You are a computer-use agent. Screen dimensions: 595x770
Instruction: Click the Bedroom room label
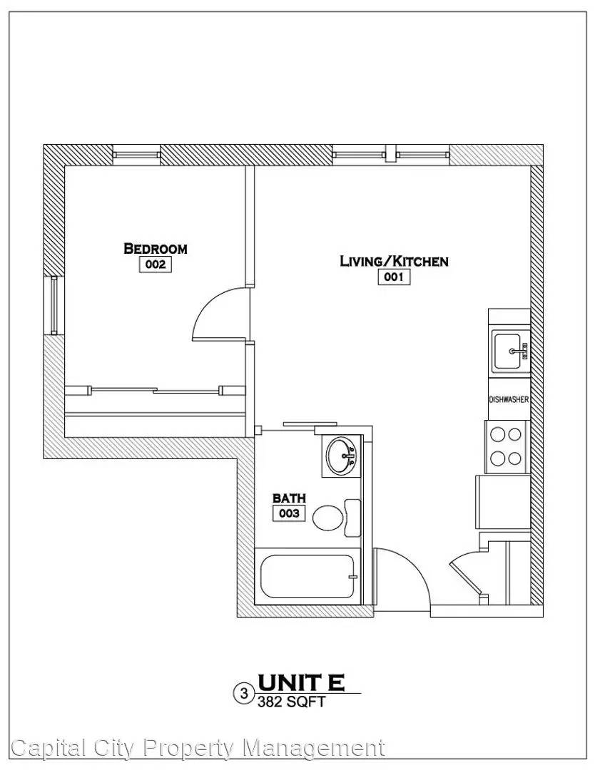(156, 249)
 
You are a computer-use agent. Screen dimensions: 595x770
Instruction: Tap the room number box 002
(156, 265)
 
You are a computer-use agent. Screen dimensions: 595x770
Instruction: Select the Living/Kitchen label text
(394, 261)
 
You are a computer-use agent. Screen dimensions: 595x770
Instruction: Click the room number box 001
(394, 277)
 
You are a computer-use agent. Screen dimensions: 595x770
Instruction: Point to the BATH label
(289, 498)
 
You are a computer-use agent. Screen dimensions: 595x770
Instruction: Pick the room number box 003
(289, 513)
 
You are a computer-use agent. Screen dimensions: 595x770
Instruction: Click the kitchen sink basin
(507, 351)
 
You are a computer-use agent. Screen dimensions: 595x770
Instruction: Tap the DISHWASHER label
(509, 399)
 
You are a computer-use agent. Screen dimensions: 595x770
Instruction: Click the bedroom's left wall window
(54, 305)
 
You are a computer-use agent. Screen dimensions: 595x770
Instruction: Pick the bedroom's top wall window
(136, 155)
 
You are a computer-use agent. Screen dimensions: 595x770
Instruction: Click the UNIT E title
(300, 682)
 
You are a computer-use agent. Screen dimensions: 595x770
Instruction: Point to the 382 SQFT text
(291, 702)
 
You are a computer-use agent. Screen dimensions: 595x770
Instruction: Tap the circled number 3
(243, 694)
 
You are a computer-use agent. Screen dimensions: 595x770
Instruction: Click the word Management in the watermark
(314, 749)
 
